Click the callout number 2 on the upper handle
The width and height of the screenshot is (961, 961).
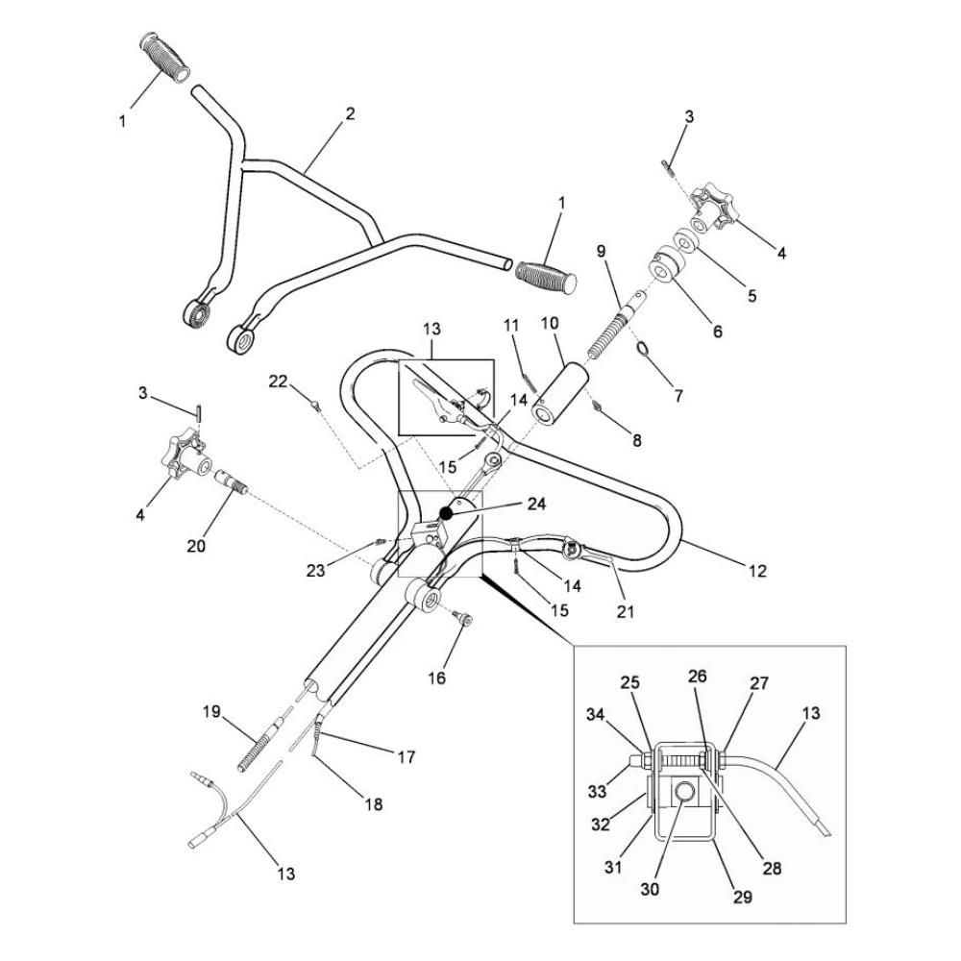(x=350, y=113)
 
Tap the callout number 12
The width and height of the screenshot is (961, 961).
(x=757, y=571)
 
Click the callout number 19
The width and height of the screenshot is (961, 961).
(x=212, y=712)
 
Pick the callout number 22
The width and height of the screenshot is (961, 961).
(x=279, y=382)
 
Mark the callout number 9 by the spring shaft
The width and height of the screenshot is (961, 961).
(x=601, y=253)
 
